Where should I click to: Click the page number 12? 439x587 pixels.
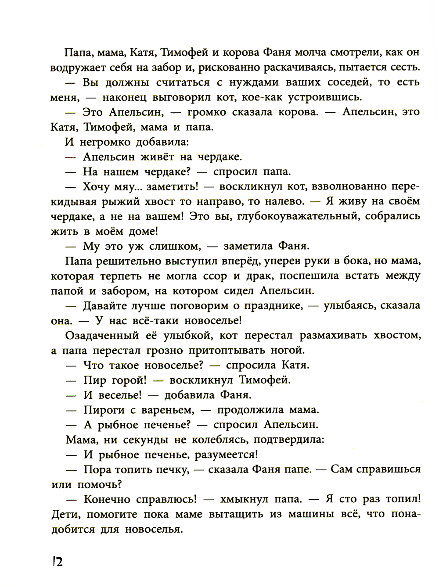tap(58, 561)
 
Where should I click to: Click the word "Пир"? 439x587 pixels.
tap(94, 380)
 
